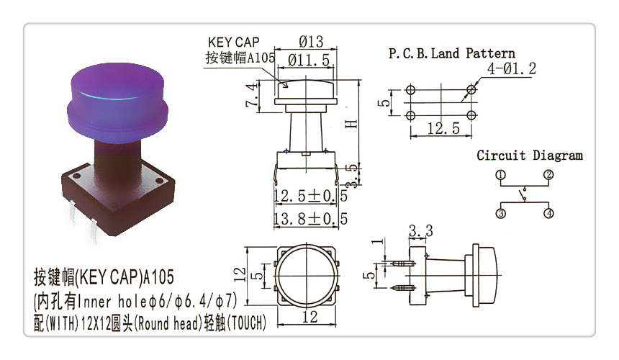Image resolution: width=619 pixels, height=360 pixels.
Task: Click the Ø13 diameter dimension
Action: click(311, 42)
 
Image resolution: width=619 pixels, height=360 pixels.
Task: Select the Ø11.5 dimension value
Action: click(308, 60)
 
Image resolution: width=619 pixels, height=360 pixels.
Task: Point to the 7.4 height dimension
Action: click(252, 96)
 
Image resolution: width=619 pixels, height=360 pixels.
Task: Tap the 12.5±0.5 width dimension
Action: click(311, 196)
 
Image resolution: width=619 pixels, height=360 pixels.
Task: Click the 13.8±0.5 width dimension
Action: click(311, 218)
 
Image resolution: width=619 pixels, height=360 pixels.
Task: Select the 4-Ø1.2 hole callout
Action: click(511, 68)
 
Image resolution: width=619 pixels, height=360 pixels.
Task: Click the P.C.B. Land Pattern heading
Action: click(451, 53)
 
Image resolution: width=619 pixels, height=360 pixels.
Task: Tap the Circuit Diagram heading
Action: click(529, 155)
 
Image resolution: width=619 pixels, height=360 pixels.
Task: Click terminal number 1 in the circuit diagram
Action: click(500, 175)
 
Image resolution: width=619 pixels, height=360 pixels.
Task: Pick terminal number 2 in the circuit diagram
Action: click(548, 174)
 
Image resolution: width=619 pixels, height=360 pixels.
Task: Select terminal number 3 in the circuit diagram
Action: click(500, 214)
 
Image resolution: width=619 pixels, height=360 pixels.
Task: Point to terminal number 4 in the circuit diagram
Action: click(548, 214)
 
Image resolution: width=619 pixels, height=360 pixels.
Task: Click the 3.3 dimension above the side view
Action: click(420, 230)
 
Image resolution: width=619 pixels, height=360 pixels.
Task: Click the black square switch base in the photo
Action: click(118, 197)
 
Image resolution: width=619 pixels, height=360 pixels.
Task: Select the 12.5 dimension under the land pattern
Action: click(443, 128)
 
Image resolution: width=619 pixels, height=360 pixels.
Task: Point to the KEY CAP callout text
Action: click(234, 42)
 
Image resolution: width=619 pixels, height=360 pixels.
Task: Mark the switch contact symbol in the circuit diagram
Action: click(524, 194)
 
